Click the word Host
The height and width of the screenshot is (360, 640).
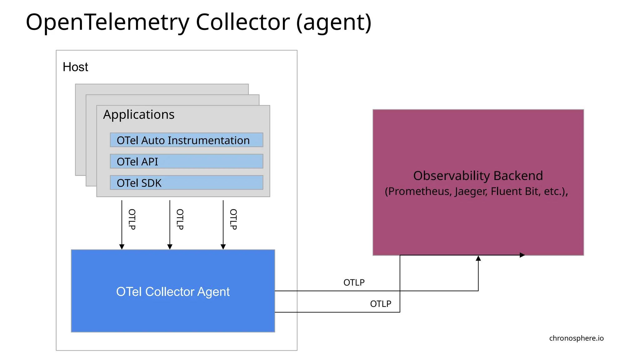75,67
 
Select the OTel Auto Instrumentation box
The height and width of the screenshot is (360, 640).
186,140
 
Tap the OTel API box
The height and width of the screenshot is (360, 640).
186,161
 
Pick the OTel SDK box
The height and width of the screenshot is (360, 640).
186,182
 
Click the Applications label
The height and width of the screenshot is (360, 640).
139,114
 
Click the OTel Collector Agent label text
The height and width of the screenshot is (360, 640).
173,291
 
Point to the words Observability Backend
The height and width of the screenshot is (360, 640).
478,176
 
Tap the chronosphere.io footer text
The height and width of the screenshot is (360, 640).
576,338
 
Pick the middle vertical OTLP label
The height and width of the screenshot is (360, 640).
180,219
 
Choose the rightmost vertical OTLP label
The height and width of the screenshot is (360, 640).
233,219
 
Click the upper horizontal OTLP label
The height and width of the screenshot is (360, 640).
354,282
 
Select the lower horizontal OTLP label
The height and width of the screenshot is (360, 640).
380,304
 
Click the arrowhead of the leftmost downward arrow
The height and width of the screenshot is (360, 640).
122,247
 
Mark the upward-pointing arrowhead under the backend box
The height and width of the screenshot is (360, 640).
478,258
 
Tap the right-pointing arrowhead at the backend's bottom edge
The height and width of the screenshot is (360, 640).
522,255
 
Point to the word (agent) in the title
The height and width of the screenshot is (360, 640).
333,22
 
